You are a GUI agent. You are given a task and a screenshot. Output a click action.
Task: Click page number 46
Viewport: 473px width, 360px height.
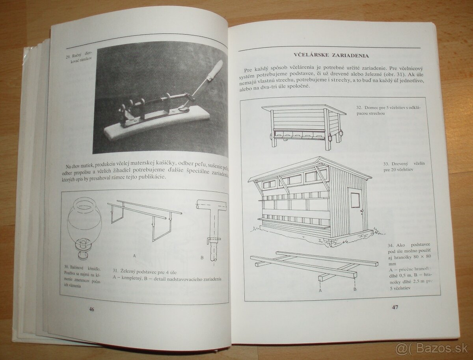coord(91,309)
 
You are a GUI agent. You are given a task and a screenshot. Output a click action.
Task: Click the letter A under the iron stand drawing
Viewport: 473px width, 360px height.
coord(135,255)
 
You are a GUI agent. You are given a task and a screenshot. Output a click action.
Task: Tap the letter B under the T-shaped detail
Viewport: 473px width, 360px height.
coord(202,258)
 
